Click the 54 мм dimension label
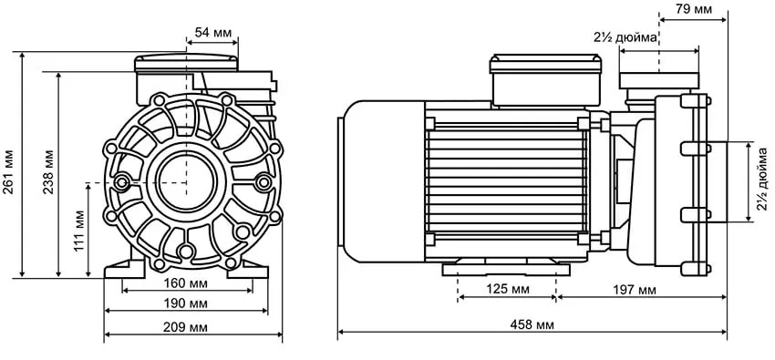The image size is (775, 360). pyautogui.click(x=213, y=33)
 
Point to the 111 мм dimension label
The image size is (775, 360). pyautogui.click(x=79, y=231)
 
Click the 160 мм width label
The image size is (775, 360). pyautogui.click(x=185, y=284)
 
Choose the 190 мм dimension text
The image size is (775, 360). pyautogui.click(x=185, y=303)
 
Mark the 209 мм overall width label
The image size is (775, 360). pyautogui.click(x=185, y=327)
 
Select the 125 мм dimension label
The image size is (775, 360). pyautogui.click(x=506, y=290)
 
